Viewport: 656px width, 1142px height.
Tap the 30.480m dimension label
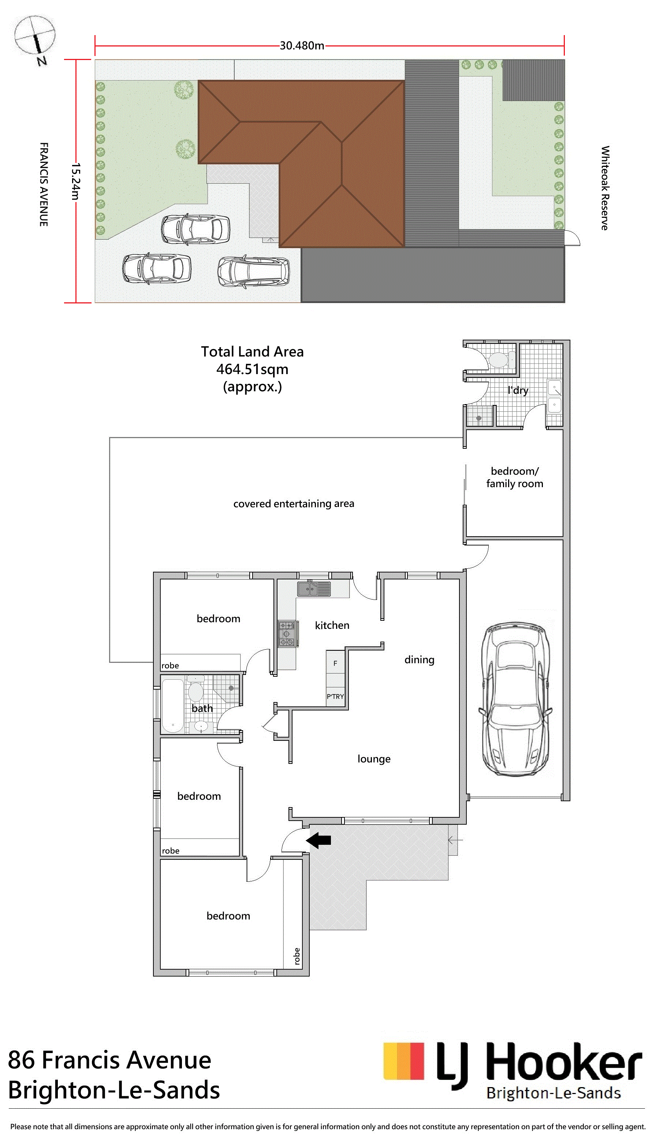pyautogui.click(x=302, y=45)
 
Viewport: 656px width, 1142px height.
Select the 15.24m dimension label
pyautogui.click(x=76, y=182)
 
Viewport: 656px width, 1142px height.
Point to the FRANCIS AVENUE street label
pyautogui.click(x=44, y=184)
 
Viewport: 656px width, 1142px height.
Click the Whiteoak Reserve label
pyautogui.click(x=605, y=188)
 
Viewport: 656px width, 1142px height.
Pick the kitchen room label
pyautogui.click(x=332, y=625)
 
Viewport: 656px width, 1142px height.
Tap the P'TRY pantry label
pyautogui.click(x=335, y=697)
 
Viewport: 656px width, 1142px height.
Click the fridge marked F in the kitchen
pyautogui.click(x=335, y=662)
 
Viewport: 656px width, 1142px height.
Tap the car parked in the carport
pyautogui.click(x=515, y=699)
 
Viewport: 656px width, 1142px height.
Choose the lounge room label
pyautogui.click(x=374, y=759)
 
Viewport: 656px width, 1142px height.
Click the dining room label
pyautogui.click(x=420, y=660)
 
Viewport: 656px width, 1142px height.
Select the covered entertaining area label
pyautogui.click(x=294, y=504)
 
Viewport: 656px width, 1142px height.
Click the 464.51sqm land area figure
pyautogui.click(x=252, y=369)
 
